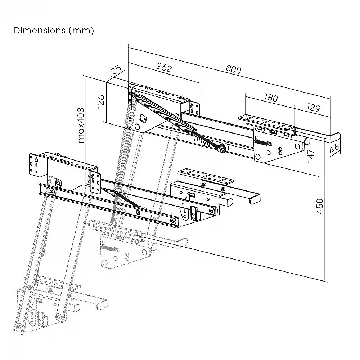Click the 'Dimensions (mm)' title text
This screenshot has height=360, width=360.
coord(54,31)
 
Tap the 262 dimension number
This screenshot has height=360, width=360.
coord(164,68)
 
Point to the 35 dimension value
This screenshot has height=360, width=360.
coord(116,70)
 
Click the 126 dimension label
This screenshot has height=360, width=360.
coord(101,102)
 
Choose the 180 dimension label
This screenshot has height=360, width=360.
coord(271,98)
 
